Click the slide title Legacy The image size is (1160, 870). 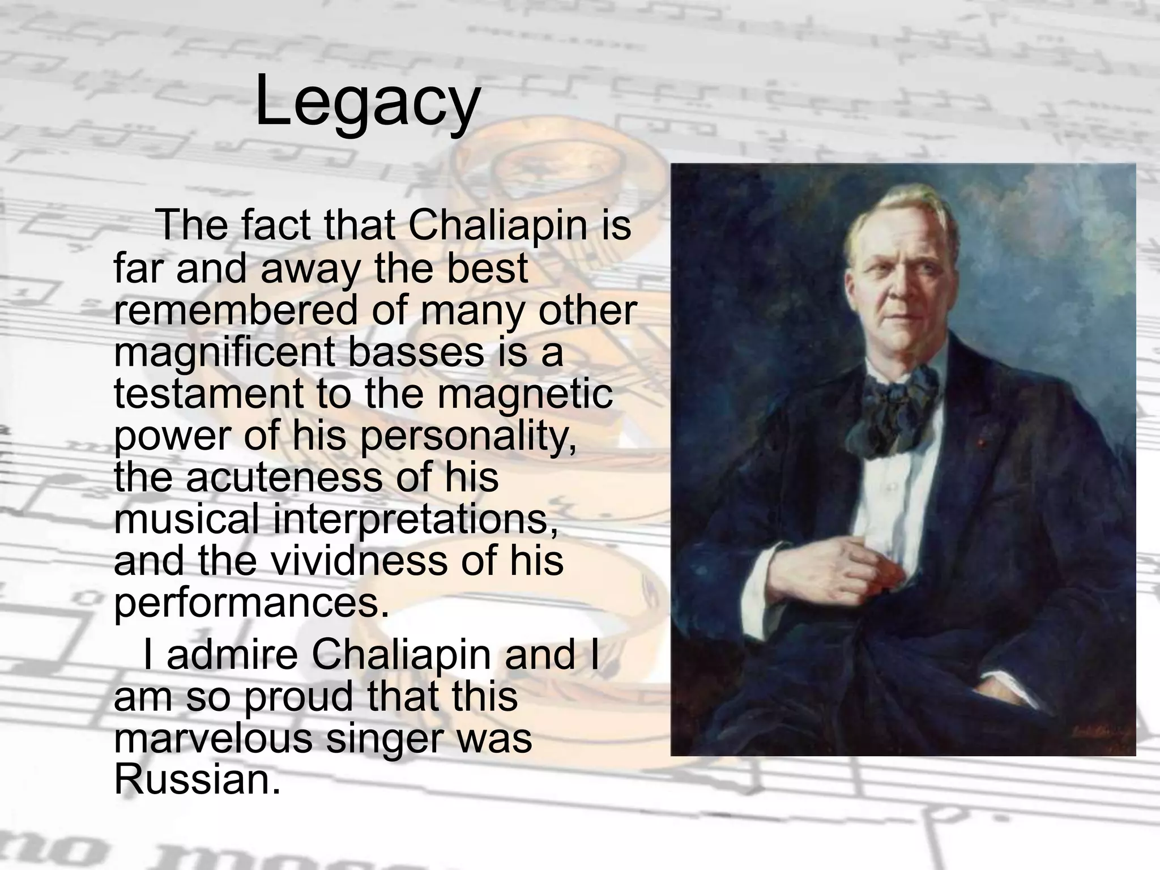(367, 102)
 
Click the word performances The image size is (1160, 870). (251, 604)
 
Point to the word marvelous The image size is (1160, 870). (212, 739)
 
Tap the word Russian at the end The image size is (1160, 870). (197, 780)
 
